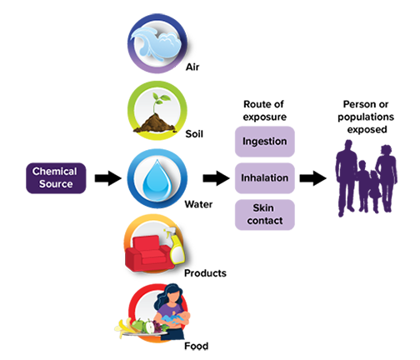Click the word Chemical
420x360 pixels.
click(x=56, y=171)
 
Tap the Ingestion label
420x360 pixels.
click(x=264, y=142)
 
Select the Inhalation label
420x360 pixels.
click(x=264, y=178)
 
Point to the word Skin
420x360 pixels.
click(x=264, y=207)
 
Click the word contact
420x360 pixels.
click(x=264, y=221)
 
